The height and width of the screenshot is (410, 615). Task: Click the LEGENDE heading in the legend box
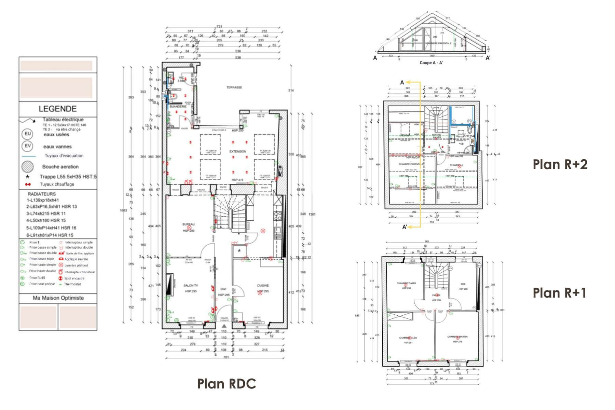click(x=57, y=109)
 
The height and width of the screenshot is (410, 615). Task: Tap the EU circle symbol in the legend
click(x=28, y=134)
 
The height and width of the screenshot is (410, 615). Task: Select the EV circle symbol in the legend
click(x=28, y=146)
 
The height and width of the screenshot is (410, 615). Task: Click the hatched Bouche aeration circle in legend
click(x=28, y=167)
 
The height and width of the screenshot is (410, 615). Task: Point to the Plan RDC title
click(x=227, y=384)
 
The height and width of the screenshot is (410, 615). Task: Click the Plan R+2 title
click(x=560, y=164)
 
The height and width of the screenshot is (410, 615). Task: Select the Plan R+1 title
click(x=559, y=293)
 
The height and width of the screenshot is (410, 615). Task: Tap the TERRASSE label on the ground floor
click(x=234, y=87)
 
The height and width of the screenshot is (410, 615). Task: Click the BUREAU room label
click(x=188, y=224)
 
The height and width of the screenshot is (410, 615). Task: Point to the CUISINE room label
click(x=263, y=285)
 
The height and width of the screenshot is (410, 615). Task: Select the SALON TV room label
click(x=191, y=285)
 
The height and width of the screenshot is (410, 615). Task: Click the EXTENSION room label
click(x=237, y=151)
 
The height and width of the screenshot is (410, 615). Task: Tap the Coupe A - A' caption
click(x=431, y=63)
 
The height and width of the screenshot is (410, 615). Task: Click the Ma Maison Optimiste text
click(x=58, y=298)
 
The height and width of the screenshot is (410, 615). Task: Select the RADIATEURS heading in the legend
click(x=42, y=194)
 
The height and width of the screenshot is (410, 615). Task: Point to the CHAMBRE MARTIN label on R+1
click(x=457, y=337)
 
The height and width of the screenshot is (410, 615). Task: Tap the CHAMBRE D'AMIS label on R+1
click(x=406, y=283)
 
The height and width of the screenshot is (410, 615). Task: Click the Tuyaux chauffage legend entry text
click(x=57, y=184)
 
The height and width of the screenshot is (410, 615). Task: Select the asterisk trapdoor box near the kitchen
click(x=239, y=251)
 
